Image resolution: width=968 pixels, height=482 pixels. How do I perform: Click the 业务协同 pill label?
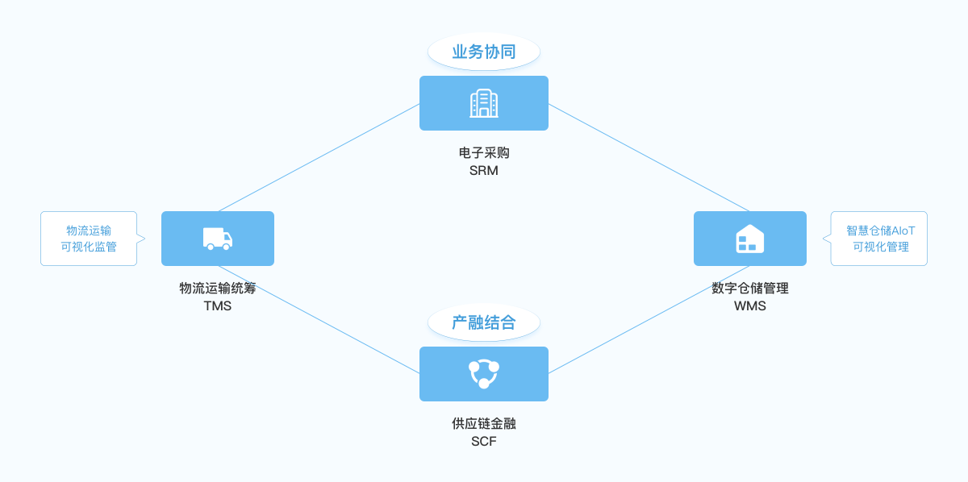point(484,52)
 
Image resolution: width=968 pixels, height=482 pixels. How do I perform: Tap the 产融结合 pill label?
point(484,323)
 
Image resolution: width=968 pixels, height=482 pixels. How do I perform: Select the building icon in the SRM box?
point(484,103)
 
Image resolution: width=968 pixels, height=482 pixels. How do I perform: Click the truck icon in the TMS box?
point(218,239)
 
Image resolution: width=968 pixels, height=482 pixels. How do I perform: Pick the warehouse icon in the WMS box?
point(750,239)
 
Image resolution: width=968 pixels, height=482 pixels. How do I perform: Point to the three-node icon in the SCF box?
point(484,374)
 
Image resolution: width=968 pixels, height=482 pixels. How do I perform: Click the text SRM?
point(484,171)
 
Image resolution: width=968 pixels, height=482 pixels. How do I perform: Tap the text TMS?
point(218,306)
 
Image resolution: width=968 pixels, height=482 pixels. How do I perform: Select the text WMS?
point(750,306)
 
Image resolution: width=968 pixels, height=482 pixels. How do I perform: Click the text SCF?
point(484,442)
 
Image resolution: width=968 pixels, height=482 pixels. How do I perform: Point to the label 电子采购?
point(484,152)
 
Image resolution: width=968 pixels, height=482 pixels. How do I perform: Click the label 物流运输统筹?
point(218,288)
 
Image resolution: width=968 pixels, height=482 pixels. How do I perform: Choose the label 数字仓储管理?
point(750,288)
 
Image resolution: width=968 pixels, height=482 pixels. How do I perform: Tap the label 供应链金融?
point(484,423)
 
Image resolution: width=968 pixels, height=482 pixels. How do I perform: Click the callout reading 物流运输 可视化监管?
point(89,239)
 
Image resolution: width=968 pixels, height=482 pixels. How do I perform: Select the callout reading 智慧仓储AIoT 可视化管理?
point(879,239)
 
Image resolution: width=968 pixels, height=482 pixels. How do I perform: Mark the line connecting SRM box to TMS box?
point(319,158)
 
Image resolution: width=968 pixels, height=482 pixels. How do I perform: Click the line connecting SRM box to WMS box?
point(649,158)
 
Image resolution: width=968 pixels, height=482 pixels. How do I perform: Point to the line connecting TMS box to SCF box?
point(319,319)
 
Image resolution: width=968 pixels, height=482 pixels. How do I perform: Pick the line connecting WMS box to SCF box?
point(649,319)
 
